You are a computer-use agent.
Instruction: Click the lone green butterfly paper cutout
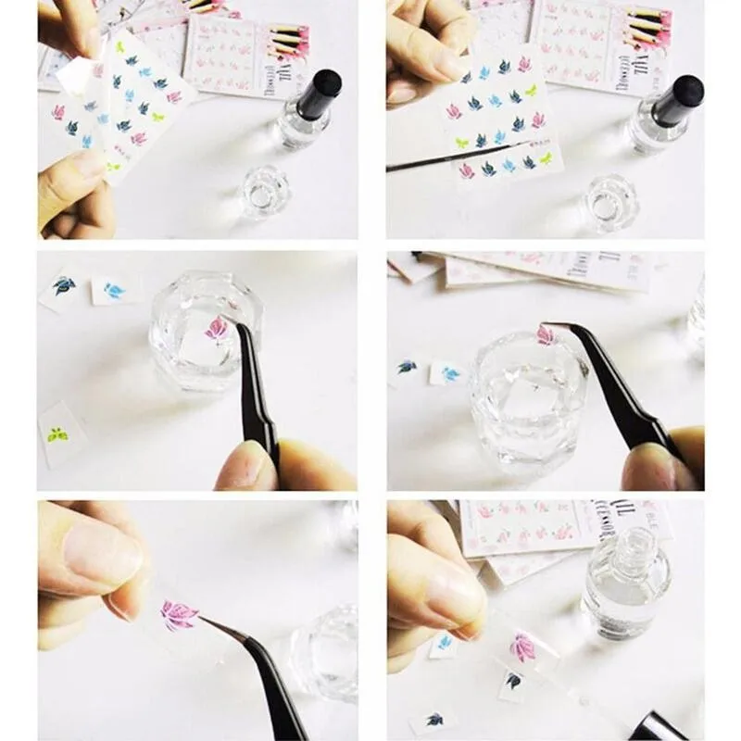coord(57,433)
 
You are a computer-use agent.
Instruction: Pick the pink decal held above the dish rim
coord(546,334)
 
